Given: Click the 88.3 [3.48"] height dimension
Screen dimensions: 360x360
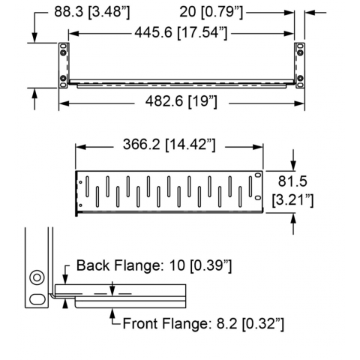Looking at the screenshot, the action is [x=92, y=12].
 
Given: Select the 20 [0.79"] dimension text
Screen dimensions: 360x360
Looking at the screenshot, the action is [x=211, y=12].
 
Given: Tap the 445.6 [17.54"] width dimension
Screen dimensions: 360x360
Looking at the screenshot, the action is [x=181, y=32].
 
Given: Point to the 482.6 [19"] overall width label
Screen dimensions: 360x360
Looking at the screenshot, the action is [x=181, y=101].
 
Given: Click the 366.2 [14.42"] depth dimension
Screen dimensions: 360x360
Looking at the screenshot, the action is [x=169, y=145].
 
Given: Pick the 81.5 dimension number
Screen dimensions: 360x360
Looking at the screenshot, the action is [x=292, y=181].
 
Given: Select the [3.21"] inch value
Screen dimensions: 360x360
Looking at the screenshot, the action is [x=292, y=200].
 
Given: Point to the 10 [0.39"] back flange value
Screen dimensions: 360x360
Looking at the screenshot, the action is [x=201, y=265].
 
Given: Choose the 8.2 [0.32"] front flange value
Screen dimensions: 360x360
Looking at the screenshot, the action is [x=250, y=324].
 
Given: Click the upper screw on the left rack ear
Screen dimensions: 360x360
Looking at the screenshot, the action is [x=63, y=52].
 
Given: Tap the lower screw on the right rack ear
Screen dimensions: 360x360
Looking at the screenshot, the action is [x=300, y=78].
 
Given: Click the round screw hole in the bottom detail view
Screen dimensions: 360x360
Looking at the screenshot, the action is [x=37, y=277].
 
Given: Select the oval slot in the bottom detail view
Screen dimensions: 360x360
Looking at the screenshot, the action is [x=37, y=299].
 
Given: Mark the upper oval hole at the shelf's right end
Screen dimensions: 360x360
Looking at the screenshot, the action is [x=257, y=175].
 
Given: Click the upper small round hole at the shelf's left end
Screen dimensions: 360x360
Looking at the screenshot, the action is [x=80, y=182].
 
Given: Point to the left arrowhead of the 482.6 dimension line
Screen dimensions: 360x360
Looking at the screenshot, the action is [x=64, y=103].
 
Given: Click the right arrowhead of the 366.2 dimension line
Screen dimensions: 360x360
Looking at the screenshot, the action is [x=258, y=147].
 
